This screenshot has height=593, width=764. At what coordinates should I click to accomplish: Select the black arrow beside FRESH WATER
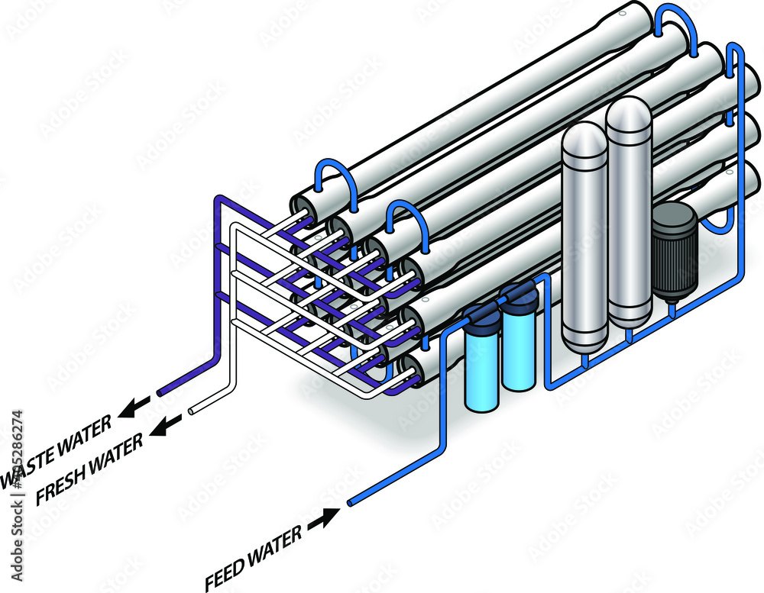click(x=167, y=424)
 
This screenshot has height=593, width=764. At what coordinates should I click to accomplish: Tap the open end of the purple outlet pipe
click(x=160, y=392)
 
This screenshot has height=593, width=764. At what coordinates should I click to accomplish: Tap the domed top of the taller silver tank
click(x=628, y=111)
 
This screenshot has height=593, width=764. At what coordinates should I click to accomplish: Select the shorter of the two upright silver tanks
click(x=584, y=237)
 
